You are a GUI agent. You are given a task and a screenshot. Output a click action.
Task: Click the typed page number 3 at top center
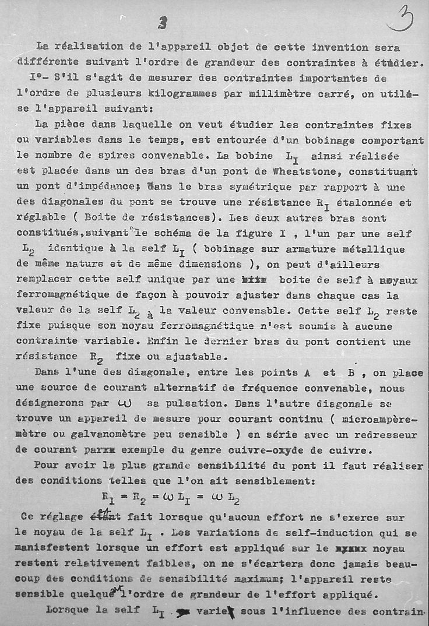coord(163,23)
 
